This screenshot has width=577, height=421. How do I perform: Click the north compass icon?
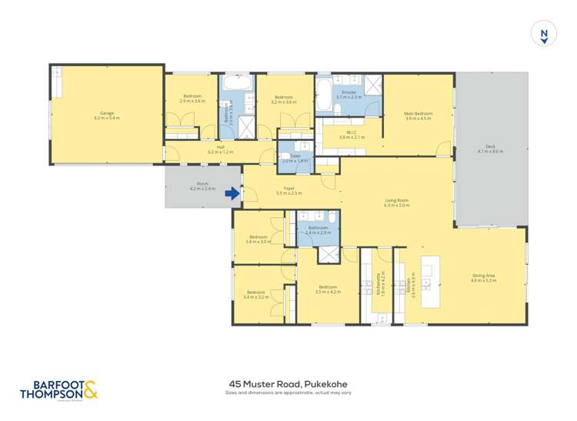544,35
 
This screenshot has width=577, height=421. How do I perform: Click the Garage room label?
107,115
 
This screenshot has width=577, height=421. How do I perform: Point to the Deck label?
490,149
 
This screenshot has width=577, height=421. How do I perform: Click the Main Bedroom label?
419,115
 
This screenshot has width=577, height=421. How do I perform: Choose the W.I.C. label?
352,135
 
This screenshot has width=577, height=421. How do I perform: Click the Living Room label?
397,202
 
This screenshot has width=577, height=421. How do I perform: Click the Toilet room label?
295,158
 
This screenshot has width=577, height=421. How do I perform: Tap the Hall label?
220,149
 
